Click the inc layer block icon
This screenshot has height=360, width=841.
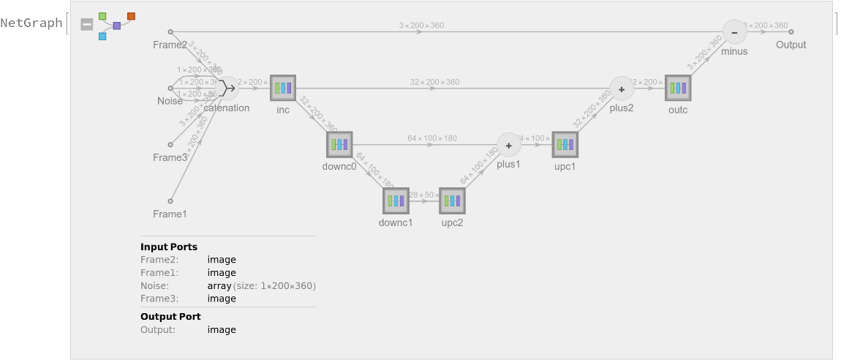tap(282, 89)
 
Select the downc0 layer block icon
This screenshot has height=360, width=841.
tap(339, 145)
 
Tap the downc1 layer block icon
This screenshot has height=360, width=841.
tap(396, 200)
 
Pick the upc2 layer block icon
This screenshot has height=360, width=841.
tap(452, 200)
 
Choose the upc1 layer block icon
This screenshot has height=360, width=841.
tap(565, 145)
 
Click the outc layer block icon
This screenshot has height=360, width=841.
tap(678, 89)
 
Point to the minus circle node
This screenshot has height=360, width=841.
tap(734, 32)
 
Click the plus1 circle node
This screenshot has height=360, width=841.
tap(508, 145)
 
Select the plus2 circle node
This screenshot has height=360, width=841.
tap(622, 89)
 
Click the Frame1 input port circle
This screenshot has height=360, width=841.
tap(170, 200)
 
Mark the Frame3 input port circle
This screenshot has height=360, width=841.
tap(170, 145)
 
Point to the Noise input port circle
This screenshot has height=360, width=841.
tap(170, 89)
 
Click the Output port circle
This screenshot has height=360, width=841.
tap(791, 32)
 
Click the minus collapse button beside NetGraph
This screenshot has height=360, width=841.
tap(87, 24)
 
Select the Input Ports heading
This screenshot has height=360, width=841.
tap(169, 247)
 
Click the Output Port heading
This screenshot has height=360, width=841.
tap(170, 316)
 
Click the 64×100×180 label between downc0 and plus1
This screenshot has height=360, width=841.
tap(432, 138)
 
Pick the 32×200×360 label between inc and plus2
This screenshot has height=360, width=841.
tap(434, 82)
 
